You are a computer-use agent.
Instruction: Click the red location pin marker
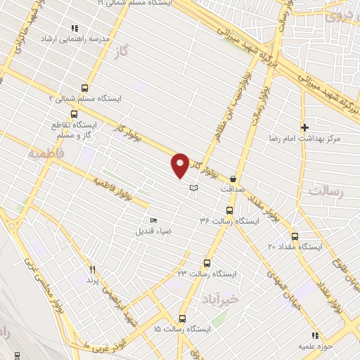(181, 165)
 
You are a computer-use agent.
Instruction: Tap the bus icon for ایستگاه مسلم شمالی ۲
(85, 88)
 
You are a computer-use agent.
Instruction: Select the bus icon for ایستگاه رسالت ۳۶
(229, 210)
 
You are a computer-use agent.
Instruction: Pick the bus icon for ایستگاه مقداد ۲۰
(294, 236)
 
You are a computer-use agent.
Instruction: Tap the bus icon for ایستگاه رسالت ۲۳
(206, 262)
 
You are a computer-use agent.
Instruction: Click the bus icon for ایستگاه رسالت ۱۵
(182, 318)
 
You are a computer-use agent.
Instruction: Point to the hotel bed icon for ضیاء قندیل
(154, 221)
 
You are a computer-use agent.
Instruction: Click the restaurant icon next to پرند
(91, 269)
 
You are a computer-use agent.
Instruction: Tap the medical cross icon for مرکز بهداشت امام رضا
(304, 127)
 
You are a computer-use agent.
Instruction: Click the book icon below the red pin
(194, 188)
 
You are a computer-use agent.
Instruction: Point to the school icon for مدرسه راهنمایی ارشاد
(74, 28)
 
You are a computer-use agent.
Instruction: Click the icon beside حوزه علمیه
(314, 335)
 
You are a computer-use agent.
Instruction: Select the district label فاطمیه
(47, 152)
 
